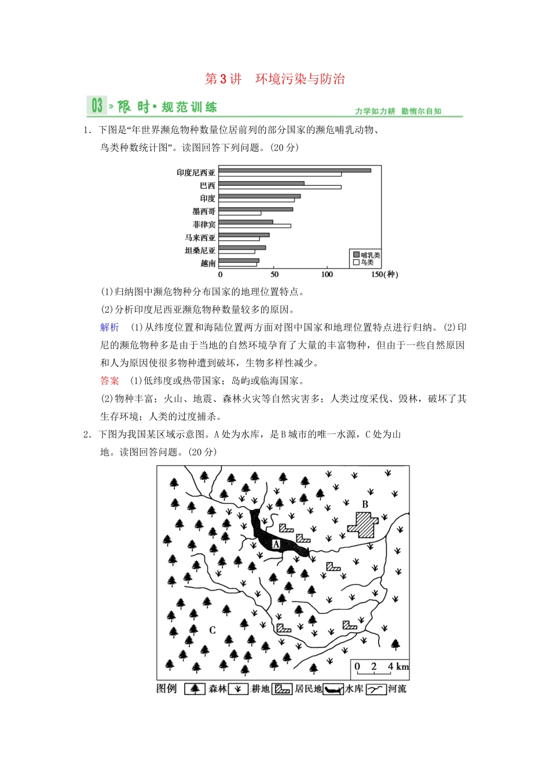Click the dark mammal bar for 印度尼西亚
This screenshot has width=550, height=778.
point(295,170)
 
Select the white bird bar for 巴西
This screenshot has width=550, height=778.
point(280,187)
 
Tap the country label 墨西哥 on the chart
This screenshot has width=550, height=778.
point(204,211)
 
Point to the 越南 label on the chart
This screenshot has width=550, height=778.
point(208,263)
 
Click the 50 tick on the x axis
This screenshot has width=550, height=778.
point(274,274)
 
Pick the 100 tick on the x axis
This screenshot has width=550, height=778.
point(327,274)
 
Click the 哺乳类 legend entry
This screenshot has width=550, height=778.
point(366,255)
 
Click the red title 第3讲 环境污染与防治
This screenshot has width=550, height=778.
point(275,79)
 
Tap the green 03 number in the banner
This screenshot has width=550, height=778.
point(97,106)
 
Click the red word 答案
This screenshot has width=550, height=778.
point(109,381)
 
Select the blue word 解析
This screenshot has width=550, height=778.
point(109,328)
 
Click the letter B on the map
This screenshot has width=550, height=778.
point(365,504)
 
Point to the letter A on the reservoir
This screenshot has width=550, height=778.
point(276,544)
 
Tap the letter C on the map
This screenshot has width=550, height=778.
point(212,630)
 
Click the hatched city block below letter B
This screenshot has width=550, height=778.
point(363,524)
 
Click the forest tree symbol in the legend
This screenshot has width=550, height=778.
point(195,689)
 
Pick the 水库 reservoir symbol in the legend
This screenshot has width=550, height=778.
point(333,689)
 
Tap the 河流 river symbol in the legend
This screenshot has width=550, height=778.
point(376,689)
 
